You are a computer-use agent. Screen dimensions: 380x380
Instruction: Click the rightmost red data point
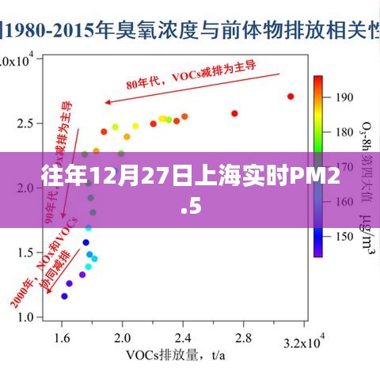tap(291, 97)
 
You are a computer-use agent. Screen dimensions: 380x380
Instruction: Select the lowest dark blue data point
tap(64, 296)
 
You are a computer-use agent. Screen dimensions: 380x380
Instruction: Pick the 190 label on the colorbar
tap(344, 97)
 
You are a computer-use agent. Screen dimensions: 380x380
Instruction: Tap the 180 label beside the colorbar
tap(344, 131)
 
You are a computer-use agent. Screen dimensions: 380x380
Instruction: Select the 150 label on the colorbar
tap(344, 235)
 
